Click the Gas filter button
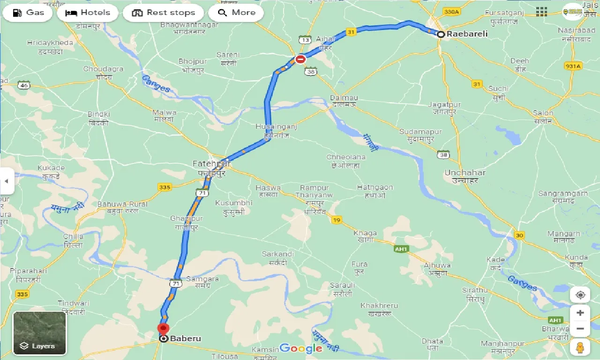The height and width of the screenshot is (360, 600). [x=28, y=13]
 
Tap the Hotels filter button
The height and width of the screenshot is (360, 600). [x=88, y=13]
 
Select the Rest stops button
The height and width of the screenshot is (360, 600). [x=163, y=13]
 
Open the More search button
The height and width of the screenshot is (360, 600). [x=236, y=13]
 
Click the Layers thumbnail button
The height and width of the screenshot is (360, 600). [x=40, y=333]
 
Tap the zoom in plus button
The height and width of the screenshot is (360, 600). [x=580, y=313]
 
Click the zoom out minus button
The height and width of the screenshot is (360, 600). [x=580, y=329]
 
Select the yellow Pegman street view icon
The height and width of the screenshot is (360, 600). [x=580, y=347]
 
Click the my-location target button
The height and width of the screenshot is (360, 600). [x=580, y=295]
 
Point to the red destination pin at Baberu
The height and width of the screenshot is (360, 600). [x=163, y=329]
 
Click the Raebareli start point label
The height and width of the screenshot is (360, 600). [x=467, y=34]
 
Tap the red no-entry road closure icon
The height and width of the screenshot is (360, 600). [x=300, y=59]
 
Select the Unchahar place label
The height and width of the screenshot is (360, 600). [x=465, y=173]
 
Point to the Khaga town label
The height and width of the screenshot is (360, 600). [x=365, y=233]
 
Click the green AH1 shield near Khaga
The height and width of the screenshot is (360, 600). [x=400, y=249]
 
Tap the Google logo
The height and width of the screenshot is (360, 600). [x=300, y=348]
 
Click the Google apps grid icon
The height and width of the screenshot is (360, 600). [x=541, y=12]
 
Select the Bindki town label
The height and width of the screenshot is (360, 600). [x=99, y=114]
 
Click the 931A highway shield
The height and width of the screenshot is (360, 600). [x=573, y=66]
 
